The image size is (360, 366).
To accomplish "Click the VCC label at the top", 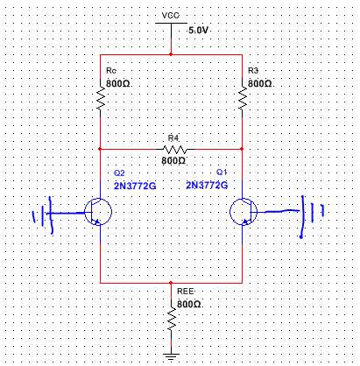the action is [171, 15].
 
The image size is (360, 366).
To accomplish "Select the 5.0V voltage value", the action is [198, 30].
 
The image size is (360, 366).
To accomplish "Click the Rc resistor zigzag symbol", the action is [101, 98].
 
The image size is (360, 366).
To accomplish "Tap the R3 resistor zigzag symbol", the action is [243, 98].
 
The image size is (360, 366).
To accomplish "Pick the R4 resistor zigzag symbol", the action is [174, 150].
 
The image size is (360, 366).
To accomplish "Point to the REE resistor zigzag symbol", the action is [172, 319].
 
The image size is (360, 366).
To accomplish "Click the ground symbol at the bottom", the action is [171, 356].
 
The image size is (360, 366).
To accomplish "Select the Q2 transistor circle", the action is [98, 212].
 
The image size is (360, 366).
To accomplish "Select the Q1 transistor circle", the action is [244, 212].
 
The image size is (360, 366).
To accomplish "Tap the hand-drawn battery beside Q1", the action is [312, 216].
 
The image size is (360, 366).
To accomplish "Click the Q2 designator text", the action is [119, 173].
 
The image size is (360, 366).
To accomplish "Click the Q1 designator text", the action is [222, 172].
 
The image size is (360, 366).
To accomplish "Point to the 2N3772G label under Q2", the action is [135, 186].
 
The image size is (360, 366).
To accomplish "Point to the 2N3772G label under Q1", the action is [207, 185].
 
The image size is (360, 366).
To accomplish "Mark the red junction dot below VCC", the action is [171, 54].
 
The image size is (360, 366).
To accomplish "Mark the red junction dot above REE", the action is [171, 283].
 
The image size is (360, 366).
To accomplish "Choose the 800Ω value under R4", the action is [173, 160].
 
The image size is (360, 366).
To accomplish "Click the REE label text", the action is [186, 292].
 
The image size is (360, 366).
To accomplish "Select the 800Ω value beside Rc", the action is [118, 83].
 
